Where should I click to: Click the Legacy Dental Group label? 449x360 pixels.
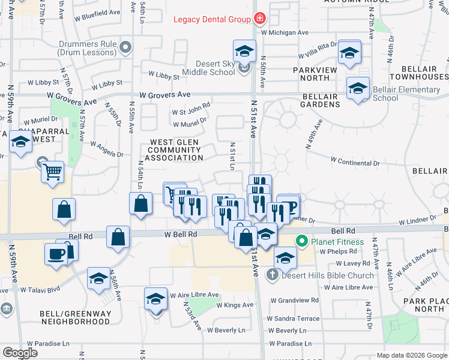[212, 19]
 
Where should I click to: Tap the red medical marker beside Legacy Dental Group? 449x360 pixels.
[259, 19]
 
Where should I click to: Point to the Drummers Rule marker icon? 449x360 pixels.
[125, 47]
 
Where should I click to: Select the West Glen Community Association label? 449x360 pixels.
[176, 149]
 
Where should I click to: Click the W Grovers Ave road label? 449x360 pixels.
[164, 95]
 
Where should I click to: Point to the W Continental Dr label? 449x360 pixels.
[355, 162]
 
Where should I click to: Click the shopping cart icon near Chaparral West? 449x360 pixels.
[53, 172]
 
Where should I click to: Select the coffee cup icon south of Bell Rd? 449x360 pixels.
[56, 253]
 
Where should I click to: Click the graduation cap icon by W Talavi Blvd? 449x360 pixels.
[99, 278]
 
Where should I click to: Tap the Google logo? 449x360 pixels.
[20, 353]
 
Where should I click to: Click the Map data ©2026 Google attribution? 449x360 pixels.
[411, 355]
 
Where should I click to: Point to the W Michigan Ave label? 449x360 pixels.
[285, 32]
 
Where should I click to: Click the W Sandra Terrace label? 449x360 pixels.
[294, 318]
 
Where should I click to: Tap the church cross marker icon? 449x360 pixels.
[272, 275]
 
